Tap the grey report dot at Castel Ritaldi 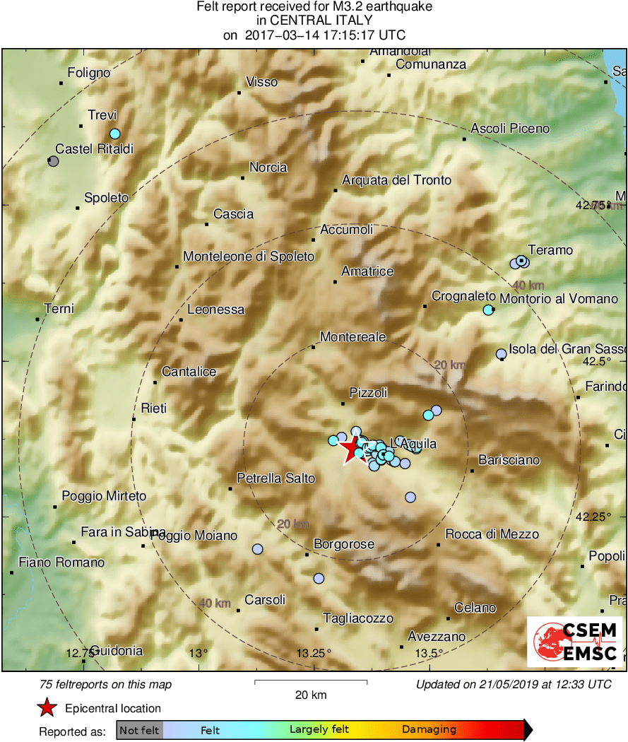click(53, 161)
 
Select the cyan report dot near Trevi click(115, 134)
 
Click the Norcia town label click(268, 167)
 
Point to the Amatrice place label click(367, 271)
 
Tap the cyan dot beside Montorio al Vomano click(487, 310)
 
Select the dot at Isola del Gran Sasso click(501, 353)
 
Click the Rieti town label click(154, 408)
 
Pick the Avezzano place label click(437, 636)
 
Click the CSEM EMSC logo click(575, 641)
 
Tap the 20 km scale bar click(311, 682)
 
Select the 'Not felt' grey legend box click(139, 730)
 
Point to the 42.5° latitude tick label click(596, 361)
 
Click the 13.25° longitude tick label click(314, 652)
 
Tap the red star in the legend click(47, 707)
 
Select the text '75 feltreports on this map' click(106, 684)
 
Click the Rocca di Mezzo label click(492, 534)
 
